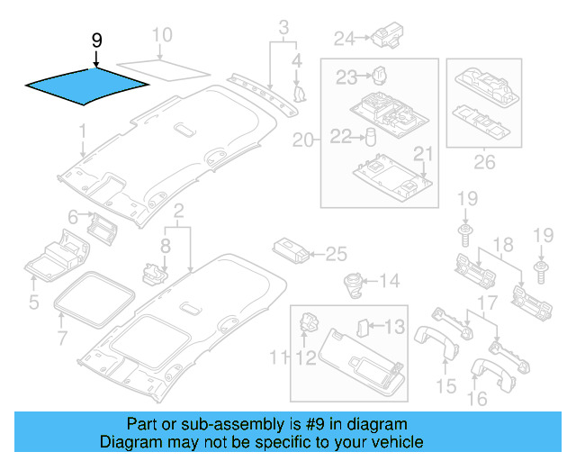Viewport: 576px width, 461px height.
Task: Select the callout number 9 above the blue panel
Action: pos(97,41)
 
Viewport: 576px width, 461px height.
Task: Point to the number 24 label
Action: pos(345,38)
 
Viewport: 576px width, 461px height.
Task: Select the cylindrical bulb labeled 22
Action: pos(368,136)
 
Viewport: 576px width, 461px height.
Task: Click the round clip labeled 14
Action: pos(351,281)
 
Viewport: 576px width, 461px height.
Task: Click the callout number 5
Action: pos(33,303)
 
